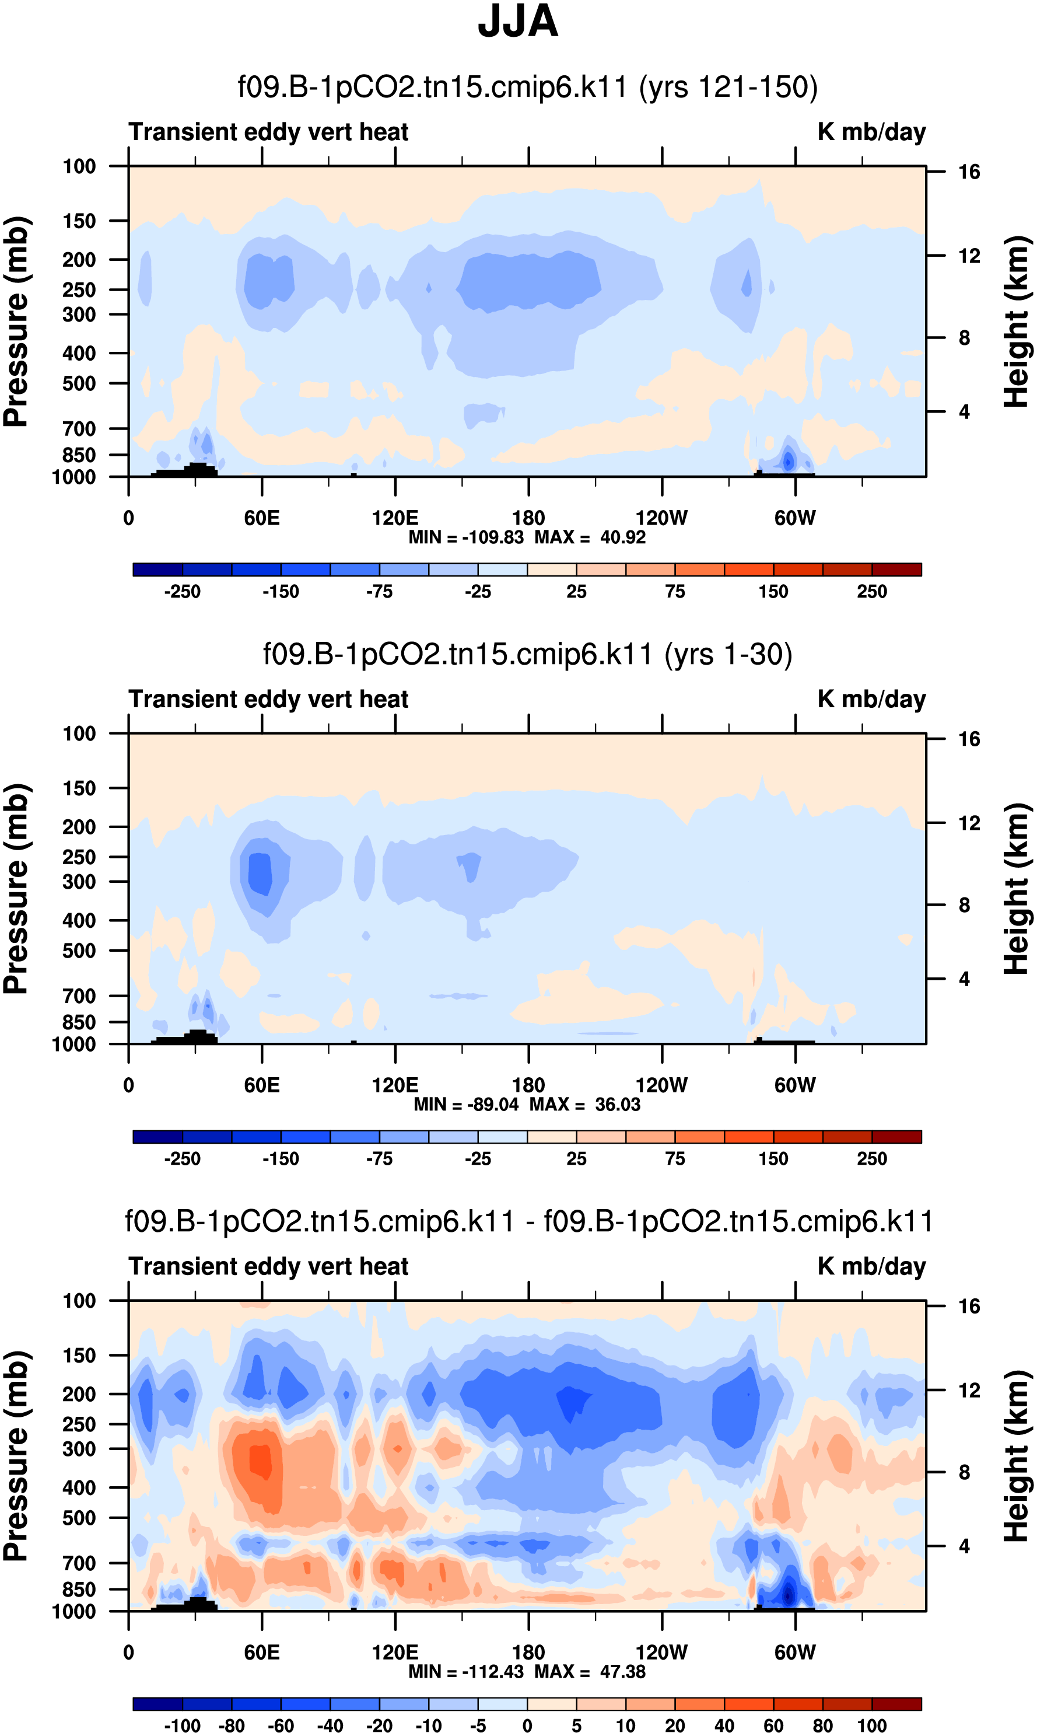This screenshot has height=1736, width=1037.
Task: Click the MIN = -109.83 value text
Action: pyautogui.click(x=465, y=537)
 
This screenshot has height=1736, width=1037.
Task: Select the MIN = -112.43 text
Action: pyautogui.click(x=465, y=1672)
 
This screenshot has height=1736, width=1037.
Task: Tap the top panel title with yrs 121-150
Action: pyautogui.click(x=528, y=88)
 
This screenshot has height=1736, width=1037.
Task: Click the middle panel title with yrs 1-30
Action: pyautogui.click(x=528, y=654)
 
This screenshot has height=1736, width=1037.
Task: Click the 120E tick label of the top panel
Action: pyautogui.click(x=395, y=518)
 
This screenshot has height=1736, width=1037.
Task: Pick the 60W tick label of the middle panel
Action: pyautogui.click(x=794, y=1085)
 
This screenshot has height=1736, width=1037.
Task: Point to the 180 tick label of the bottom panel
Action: pyautogui.click(x=528, y=1652)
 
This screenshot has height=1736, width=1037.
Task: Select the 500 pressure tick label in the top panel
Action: pyautogui.click(x=79, y=384)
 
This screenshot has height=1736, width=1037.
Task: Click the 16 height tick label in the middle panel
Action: pyautogui.click(x=969, y=739)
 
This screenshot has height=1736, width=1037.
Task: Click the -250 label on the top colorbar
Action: pyautogui.click(x=183, y=592)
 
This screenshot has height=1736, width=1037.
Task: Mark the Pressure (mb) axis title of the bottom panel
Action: pyautogui.click(x=15, y=1457)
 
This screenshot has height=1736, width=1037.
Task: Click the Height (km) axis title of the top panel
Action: pyautogui.click(x=1017, y=322)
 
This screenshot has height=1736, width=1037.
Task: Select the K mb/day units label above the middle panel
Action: pyautogui.click(x=871, y=699)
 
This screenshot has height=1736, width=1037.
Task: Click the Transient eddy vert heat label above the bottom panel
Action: pyautogui.click(x=268, y=1266)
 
